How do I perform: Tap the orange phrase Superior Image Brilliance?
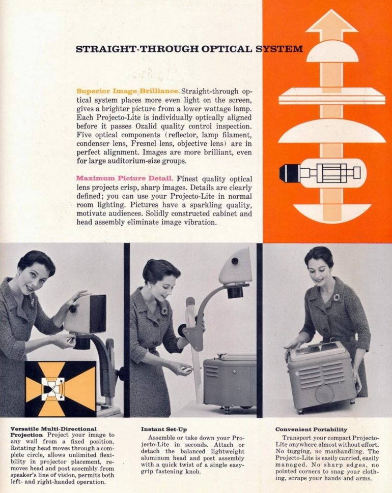[128, 91]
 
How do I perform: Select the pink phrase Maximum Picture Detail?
[125, 178]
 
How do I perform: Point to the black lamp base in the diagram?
[290, 173]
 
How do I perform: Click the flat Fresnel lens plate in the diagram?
[332, 96]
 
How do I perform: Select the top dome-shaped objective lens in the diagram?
[332, 51]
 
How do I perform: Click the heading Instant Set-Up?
[164, 429]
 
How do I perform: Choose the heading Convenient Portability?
[311, 429]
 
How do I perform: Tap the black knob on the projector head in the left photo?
[73, 309]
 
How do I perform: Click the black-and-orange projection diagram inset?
[60, 389]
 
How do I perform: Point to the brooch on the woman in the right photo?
[337, 297]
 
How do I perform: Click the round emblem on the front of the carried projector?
[325, 393]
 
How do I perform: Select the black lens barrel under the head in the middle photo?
[236, 292]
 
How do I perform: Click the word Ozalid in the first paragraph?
[147, 126]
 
